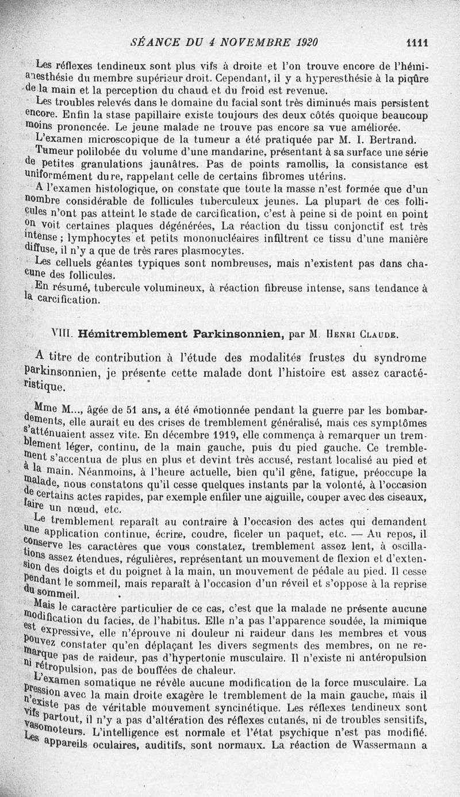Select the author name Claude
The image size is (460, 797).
[380, 334]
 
